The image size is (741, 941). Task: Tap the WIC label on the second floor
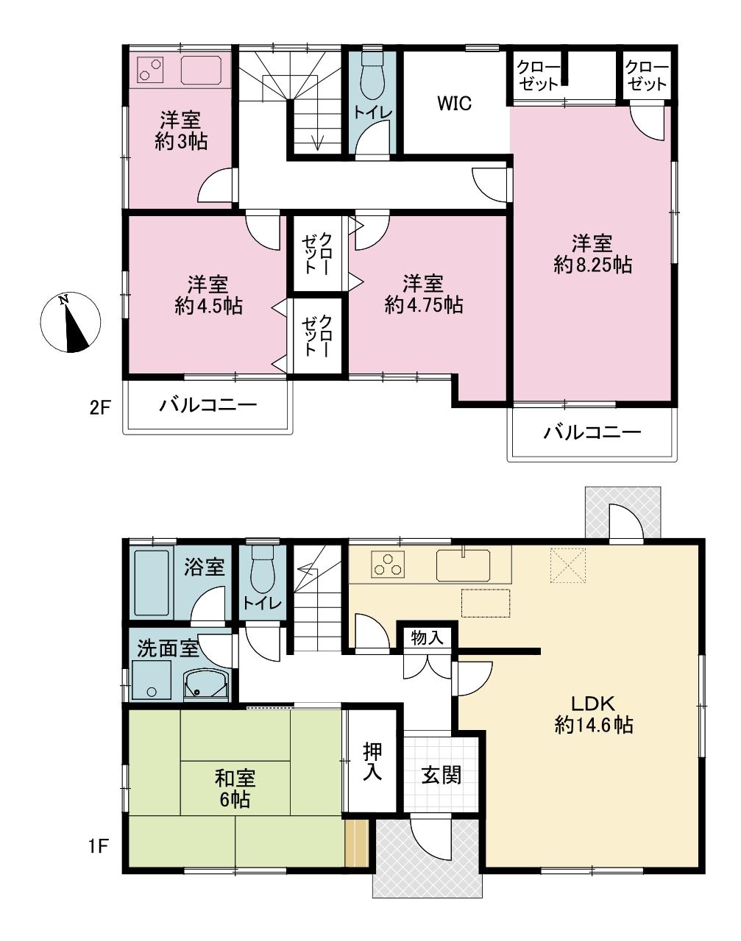(454, 104)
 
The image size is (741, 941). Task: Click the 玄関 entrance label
(442, 776)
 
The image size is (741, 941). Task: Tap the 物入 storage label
(428, 638)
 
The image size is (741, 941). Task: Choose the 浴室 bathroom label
(204, 568)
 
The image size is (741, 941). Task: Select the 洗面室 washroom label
(168, 648)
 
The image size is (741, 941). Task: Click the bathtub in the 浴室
(152, 582)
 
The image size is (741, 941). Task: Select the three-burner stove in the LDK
(388, 563)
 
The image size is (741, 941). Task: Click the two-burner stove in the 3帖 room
(150, 71)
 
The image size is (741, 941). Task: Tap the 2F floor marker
(99, 408)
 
